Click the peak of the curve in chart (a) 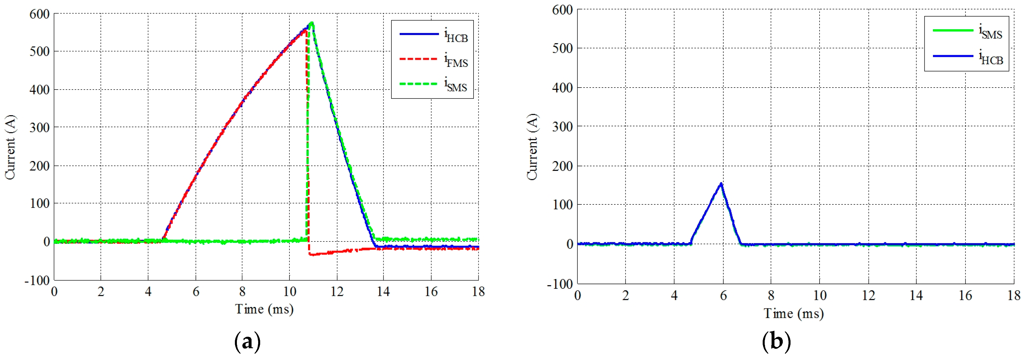(312, 23)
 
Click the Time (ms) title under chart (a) (264, 309)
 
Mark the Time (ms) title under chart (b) (793, 313)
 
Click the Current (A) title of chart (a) (10, 147)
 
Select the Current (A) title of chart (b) (532, 147)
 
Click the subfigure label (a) (247, 342)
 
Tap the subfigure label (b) (776, 342)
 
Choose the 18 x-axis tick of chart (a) (478, 292)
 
